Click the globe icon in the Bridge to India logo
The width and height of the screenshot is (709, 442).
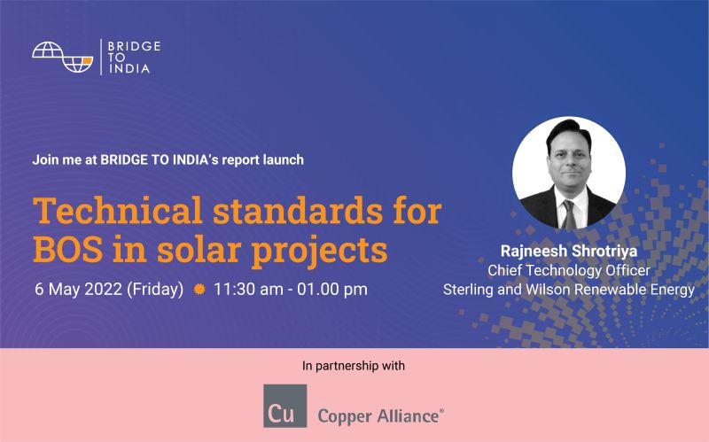tap(62, 57)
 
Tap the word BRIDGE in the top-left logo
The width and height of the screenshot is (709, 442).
tap(135, 46)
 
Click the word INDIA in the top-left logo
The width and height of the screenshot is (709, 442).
tap(129, 69)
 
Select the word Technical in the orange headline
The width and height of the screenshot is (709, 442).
tap(117, 210)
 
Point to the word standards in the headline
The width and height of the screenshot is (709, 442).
tap(298, 210)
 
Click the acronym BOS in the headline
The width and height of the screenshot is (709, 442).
tap(67, 249)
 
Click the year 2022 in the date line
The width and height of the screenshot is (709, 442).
tap(104, 290)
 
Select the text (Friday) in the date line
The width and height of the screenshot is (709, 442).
tap(155, 290)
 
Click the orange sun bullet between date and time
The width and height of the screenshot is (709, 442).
tap(199, 289)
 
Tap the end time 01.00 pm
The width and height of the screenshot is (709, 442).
tap(332, 290)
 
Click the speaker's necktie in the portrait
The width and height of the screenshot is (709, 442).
tap(568, 214)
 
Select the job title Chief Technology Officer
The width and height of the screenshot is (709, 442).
tap(569, 270)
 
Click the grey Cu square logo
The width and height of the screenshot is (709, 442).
tap(284, 406)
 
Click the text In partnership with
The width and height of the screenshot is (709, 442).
tap(354, 366)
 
